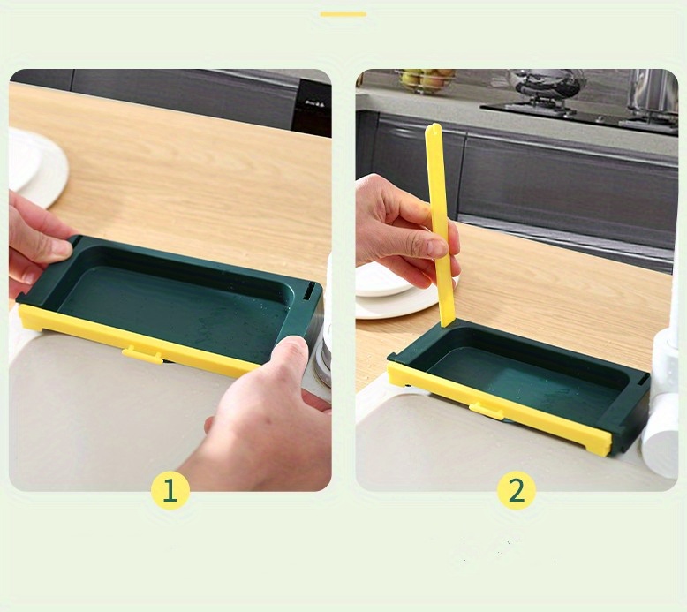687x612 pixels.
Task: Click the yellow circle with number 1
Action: pos(170,490)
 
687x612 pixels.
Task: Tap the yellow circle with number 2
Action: pos(517,490)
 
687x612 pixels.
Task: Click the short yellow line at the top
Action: pos(343,14)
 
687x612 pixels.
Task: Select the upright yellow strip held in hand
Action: pos(439,225)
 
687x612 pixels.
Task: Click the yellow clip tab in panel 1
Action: pos(141,354)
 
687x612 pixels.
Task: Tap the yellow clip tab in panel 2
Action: pos(487,412)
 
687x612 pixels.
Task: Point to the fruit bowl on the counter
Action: pos(425,81)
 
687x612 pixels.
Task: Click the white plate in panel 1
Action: pos(37,167)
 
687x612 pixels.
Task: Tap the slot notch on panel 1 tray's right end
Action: pos(309,291)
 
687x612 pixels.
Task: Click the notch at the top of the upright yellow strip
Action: pos(433,128)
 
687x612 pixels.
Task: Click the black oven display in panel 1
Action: pos(311,105)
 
